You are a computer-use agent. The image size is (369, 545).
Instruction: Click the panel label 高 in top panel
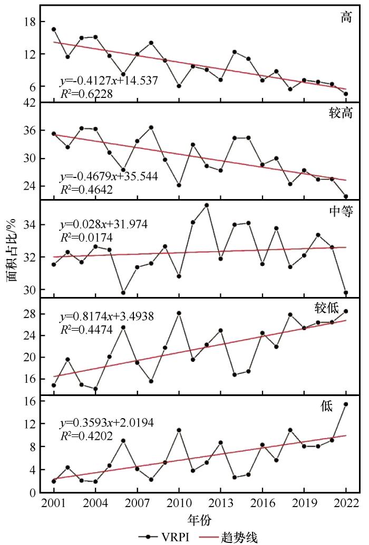(x=346, y=16)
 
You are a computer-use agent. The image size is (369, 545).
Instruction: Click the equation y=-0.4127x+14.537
(x=109, y=81)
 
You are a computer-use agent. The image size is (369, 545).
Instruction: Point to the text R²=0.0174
(x=86, y=237)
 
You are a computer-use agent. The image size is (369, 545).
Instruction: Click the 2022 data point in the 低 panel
(x=346, y=404)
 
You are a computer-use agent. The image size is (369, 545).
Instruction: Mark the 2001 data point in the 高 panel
(x=54, y=29)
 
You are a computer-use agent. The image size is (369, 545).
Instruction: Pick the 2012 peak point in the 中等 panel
(x=207, y=205)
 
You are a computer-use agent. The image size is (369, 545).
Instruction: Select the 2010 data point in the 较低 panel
(x=179, y=313)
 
